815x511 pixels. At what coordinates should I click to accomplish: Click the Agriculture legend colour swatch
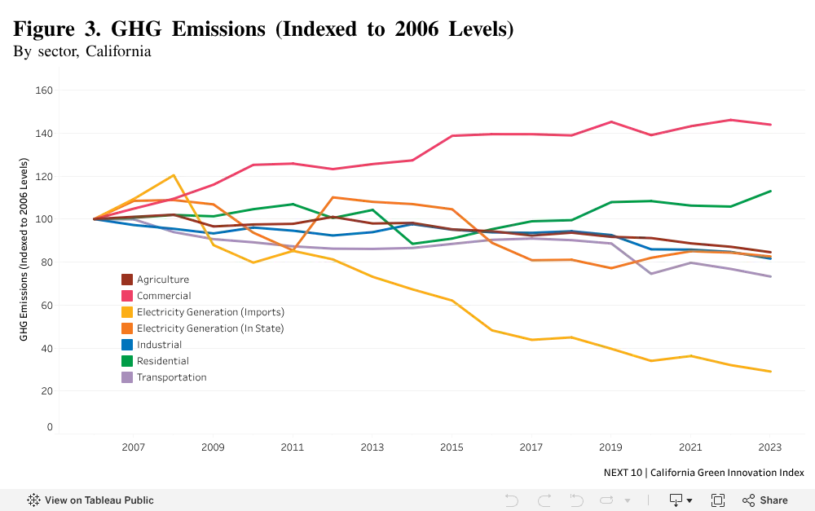127,280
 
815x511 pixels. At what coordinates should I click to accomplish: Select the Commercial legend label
164,296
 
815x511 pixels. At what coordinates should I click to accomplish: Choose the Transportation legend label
171,377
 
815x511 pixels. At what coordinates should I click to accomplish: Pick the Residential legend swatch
127,361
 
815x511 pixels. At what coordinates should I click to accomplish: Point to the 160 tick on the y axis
44,90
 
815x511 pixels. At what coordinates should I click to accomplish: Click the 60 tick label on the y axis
46,306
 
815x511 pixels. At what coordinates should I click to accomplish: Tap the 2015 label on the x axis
452,447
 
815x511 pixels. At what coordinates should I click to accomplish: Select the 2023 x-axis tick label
770,447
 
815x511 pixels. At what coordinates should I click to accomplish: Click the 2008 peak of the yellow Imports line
174,175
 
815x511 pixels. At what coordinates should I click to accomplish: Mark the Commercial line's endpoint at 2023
770,125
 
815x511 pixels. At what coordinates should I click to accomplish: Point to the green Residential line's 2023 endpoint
770,192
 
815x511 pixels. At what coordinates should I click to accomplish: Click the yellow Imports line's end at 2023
770,372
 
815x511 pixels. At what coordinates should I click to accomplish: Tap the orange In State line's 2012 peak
333,197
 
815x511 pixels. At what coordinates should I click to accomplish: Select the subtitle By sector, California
82,51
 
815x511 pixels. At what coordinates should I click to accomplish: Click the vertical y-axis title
24,249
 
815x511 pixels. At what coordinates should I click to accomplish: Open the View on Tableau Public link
90,500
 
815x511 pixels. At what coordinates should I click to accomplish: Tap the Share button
765,500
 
